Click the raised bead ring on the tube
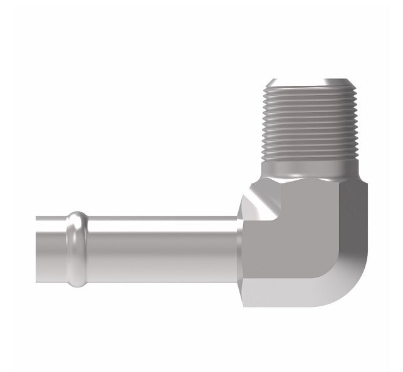[77, 249]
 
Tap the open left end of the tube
[38, 249]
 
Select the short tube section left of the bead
[53, 249]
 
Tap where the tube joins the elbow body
[239, 249]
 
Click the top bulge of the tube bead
[77, 216]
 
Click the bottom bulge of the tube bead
[77, 283]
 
